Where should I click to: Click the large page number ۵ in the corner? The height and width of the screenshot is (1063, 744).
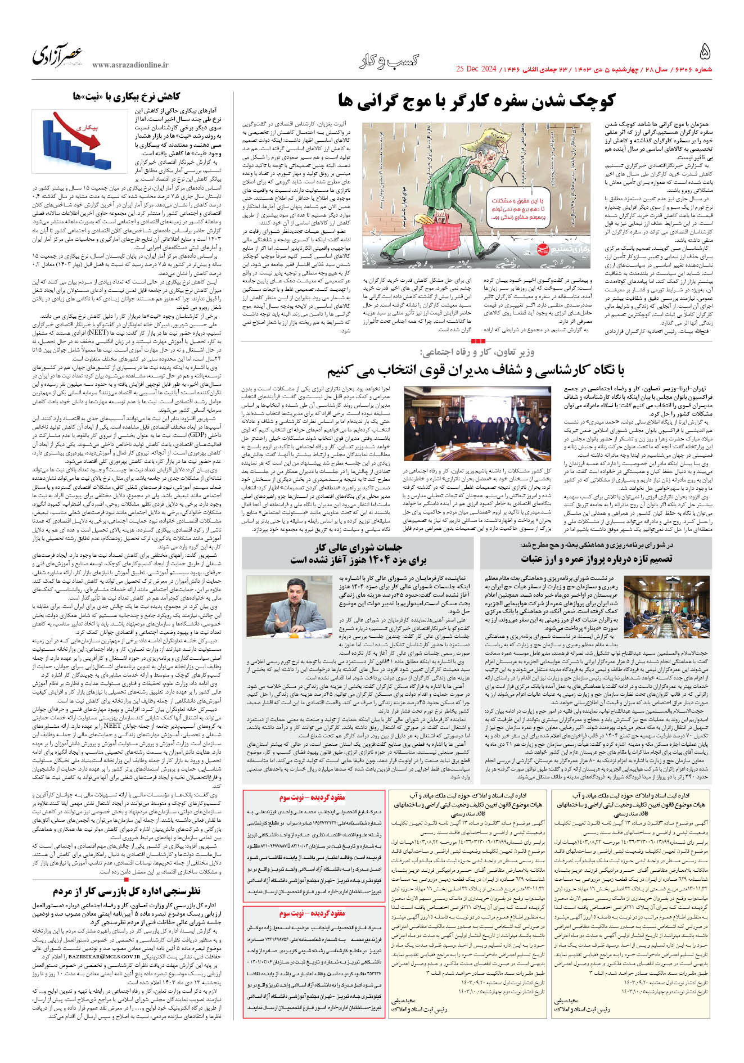point(705,52)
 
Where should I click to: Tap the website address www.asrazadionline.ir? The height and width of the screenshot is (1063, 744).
point(130,65)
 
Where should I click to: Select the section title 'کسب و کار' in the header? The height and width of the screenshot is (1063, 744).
point(389,61)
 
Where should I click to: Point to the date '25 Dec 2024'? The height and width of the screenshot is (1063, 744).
point(476,69)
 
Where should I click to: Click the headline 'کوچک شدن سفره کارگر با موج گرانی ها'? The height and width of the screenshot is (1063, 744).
point(476,101)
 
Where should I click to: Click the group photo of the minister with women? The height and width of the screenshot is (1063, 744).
point(477,424)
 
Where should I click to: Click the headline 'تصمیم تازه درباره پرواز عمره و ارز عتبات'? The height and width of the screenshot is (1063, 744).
point(596,558)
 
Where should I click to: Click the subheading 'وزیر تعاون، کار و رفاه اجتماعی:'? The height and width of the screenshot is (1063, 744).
point(477,353)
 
